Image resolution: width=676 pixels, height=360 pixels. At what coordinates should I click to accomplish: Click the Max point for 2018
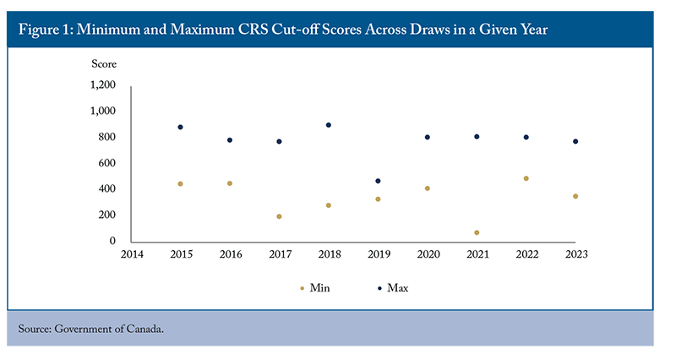pos(329,125)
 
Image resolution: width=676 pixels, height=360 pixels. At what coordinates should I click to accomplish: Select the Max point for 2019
pos(378,181)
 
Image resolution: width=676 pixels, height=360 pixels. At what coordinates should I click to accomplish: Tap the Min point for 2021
pos(477,232)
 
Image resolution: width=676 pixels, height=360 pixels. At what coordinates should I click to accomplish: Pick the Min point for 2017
pos(279,216)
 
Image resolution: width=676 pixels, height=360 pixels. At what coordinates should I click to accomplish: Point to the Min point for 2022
pos(526,178)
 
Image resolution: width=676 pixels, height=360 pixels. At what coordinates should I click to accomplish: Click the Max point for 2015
pos(180,128)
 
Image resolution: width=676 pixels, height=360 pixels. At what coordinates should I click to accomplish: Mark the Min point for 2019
pos(378,199)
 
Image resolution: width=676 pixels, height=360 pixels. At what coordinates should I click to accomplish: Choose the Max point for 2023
pos(575,141)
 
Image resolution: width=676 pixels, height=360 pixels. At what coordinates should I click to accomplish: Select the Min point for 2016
pos(230,183)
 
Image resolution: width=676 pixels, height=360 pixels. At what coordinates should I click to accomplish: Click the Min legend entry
pos(315,288)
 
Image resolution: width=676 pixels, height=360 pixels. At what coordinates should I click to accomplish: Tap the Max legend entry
pos(393,288)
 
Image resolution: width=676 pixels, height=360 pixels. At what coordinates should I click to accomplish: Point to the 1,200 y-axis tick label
pos(102,85)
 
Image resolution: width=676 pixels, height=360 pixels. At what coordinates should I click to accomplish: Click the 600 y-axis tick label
pos(107,163)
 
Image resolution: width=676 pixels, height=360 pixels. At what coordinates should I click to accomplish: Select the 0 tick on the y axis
pos(112,241)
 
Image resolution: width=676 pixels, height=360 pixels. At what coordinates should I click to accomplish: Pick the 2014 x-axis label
pos(132,254)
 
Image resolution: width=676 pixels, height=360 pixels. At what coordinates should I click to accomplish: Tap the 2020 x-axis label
pos(428,254)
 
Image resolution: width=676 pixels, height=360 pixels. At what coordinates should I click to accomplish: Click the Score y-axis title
pos(104,64)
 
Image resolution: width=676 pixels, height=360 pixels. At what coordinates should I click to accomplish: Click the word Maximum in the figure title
pos(202,30)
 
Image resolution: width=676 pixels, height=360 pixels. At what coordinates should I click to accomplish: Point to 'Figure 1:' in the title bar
pos(46,30)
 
